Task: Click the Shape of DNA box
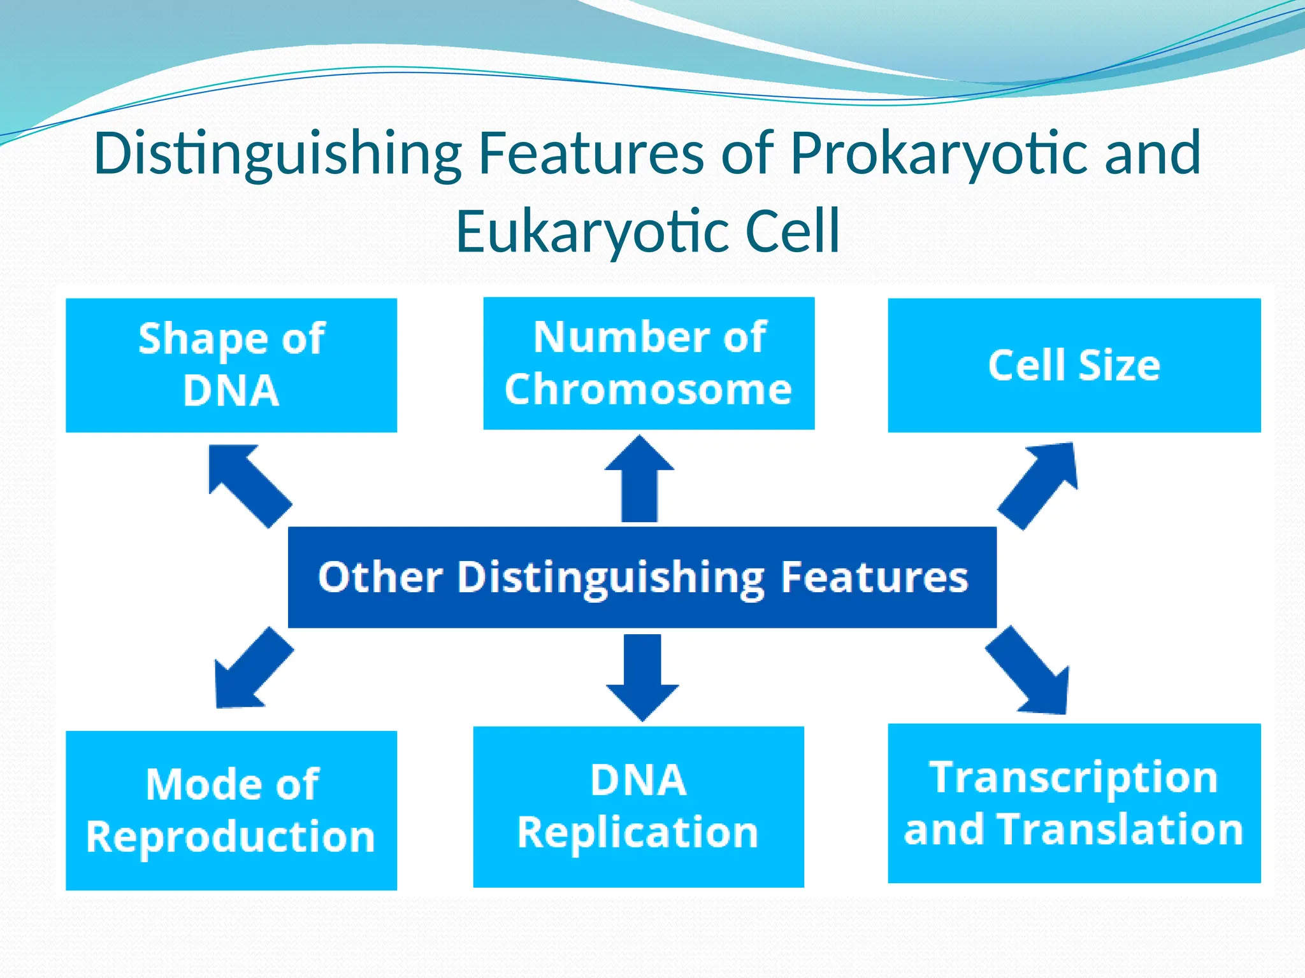click(x=231, y=365)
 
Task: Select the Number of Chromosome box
click(x=649, y=364)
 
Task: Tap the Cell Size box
click(x=1074, y=365)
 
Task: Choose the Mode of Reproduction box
click(x=231, y=810)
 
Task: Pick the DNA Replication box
click(x=638, y=806)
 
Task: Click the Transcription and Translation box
click(x=1074, y=803)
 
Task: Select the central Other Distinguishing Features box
click(x=642, y=577)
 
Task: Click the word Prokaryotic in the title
click(x=941, y=153)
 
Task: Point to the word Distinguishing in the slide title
click(x=278, y=153)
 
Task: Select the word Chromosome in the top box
click(x=648, y=389)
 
